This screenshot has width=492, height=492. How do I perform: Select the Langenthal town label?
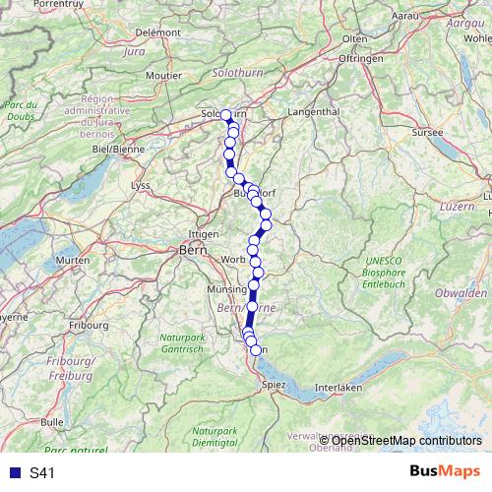[312, 112]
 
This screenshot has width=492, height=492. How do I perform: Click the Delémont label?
[159, 31]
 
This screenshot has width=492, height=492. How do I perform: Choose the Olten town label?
[354, 38]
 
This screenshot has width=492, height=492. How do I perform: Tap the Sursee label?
[428, 130]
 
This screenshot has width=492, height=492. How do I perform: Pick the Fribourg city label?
[87, 324]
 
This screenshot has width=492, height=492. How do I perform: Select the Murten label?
[73, 259]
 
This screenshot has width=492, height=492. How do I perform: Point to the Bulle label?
[52, 421]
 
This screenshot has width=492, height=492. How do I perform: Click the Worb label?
[232, 260]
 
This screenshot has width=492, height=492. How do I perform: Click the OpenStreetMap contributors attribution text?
[405, 440]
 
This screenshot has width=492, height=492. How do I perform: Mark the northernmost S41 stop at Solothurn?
[226, 115]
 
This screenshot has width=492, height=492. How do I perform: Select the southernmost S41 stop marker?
[256, 349]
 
